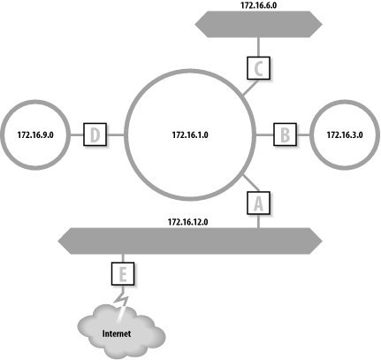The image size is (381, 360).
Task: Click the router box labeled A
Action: click(x=259, y=203)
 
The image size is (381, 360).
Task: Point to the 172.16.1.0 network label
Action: click(x=189, y=134)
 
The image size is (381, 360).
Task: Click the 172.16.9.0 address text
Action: click(x=36, y=134)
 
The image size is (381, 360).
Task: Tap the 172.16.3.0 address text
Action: click(x=345, y=134)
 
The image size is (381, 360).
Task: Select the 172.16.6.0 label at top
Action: click(x=256, y=5)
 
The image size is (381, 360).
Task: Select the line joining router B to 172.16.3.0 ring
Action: click(x=303, y=134)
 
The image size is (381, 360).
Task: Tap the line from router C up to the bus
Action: click(x=256, y=44)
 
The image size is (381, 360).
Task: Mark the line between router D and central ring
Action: click(x=114, y=134)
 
